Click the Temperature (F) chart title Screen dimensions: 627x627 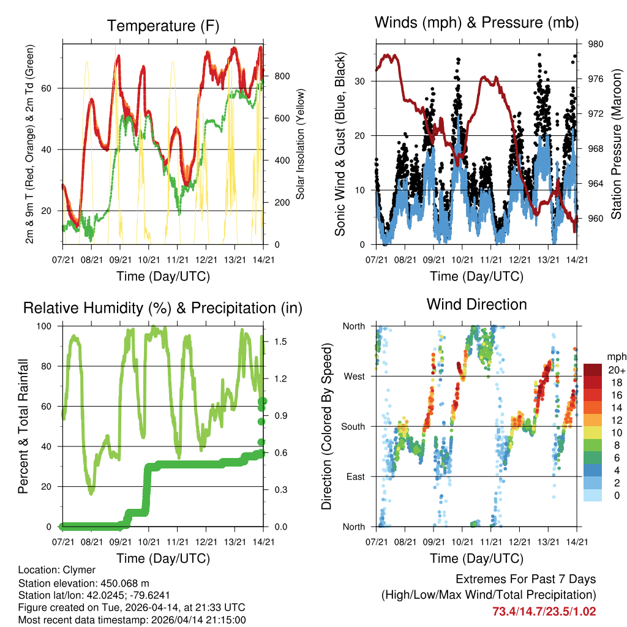pyautogui.click(x=163, y=26)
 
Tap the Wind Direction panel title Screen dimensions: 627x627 pyautogui.click(x=476, y=304)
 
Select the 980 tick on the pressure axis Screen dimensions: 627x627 pyautogui.click(x=596, y=44)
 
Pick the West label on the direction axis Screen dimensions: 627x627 pyautogui.click(x=354, y=376)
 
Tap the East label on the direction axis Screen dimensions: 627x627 pyautogui.click(x=355, y=476)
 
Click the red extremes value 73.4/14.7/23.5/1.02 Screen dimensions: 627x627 pyautogui.click(x=544, y=611)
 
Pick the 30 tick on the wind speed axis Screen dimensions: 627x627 pyautogui.click(x=361, y=81)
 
